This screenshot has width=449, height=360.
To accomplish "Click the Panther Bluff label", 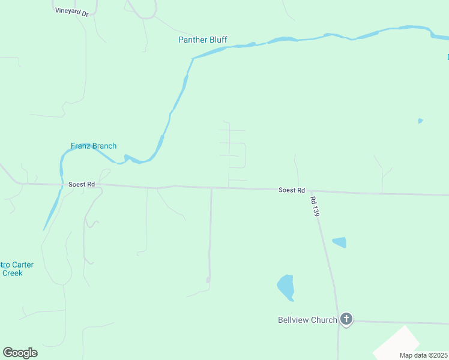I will tap(202, 40).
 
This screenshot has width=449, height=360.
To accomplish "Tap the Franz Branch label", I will tap(94, 146).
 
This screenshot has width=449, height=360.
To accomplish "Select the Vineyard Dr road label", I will tap(71, 11).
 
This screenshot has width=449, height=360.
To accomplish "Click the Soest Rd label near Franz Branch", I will tap(82, 184).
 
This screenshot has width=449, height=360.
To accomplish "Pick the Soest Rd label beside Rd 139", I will tap(292, 190).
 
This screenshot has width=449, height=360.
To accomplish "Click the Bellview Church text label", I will tap(307, 320).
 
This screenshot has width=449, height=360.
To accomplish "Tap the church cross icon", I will tap(346, 319).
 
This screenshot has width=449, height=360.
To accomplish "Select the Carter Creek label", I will tap(13, 269).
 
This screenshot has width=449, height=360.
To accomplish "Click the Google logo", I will tap(20, 353).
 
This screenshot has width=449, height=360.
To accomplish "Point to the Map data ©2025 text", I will tap(423, 355).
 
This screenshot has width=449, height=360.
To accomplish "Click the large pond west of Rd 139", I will tap(286, 287).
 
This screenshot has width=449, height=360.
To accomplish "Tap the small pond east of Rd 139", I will tap(340, 242).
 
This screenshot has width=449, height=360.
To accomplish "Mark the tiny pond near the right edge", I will tap(420, 121).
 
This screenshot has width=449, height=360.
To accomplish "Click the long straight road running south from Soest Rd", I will tap(211, 240).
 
